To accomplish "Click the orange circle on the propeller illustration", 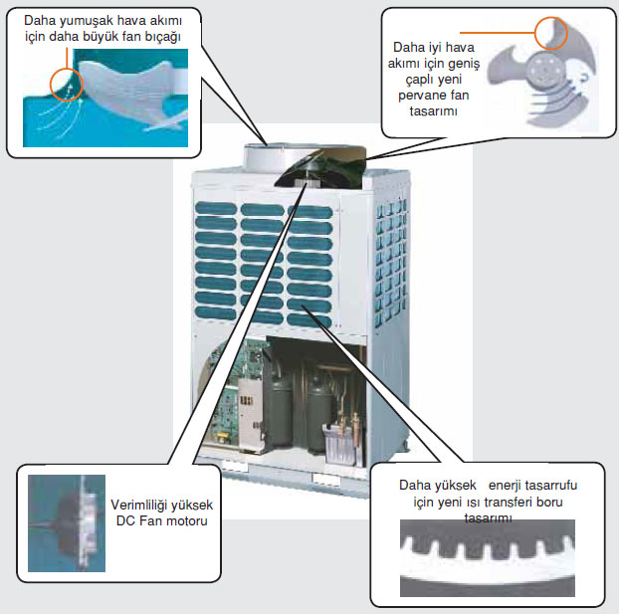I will click(x=551, y=34).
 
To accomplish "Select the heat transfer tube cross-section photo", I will click(x=486, y=562).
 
